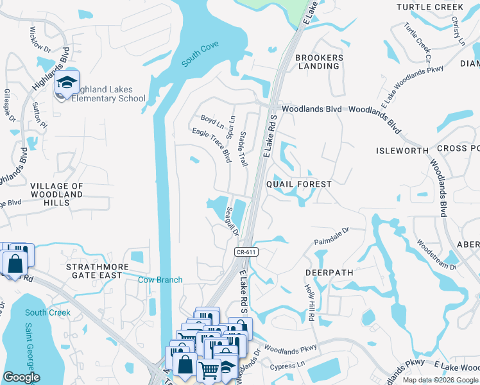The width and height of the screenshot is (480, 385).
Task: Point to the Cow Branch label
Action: coord(161,280)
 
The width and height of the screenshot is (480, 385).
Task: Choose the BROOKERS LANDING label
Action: coord(319,62)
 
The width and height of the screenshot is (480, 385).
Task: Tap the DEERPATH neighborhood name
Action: coord(329,273)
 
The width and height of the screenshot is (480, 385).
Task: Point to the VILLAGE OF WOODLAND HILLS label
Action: coord(57,194)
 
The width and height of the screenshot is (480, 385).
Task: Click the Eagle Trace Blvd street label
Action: coord(211,144)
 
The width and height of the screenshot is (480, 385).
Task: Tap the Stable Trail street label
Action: coord(243,150)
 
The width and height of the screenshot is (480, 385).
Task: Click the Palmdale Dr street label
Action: coord(330,236)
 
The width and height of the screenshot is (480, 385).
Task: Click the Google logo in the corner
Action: coord(21,377)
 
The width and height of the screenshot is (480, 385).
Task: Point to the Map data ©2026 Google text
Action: coord(440,380)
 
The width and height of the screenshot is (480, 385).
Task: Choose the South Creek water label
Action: coord(47,312)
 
